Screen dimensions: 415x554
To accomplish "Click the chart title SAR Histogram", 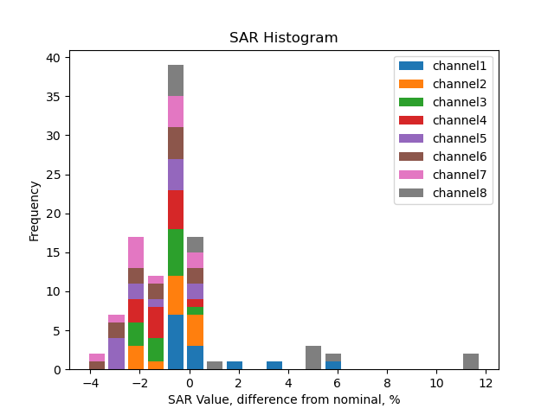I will point(283,38).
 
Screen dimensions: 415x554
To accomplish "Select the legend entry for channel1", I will point(460,66).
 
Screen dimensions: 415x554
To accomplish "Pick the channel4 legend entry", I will point(460,120).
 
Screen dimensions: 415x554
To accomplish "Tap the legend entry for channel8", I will point(460,193).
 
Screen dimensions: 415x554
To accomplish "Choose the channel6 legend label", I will point(460,156).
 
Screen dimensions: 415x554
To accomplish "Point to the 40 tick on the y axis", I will point(53,58).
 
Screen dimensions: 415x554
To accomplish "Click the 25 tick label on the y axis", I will point(53,175).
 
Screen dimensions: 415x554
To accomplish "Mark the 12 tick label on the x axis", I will point(486,384).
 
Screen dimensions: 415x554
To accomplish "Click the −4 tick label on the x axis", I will point(90,384).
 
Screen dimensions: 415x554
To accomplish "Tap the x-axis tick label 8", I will point(387,384).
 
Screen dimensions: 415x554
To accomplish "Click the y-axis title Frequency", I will point(35,210).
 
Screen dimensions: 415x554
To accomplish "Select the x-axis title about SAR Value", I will point(283,400).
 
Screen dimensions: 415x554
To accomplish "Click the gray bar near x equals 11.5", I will point(471,361).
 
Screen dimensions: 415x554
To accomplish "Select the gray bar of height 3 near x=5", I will point(313,358).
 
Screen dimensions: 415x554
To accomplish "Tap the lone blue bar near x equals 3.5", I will point(274,366).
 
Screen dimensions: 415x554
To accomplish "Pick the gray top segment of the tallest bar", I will point(176,80).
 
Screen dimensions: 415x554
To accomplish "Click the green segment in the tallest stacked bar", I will point(176,252).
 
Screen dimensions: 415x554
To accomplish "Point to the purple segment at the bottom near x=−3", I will point(117,354).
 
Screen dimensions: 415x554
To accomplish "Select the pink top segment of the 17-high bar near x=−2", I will point(136,252).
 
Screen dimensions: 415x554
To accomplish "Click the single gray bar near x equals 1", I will point(215,366).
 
